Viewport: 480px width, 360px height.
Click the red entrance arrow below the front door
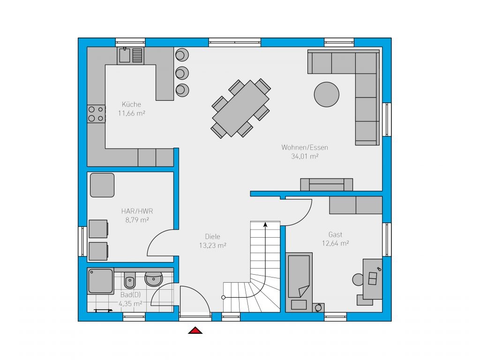pos(195,330)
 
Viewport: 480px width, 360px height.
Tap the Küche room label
pos(131,104)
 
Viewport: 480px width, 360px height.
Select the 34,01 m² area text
pos(305,156)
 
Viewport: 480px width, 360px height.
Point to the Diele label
pos(212,236)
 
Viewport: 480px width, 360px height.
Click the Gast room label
pos(335,234)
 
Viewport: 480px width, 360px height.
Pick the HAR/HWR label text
pos(137,211)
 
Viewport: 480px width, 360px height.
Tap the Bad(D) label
pos(130,295)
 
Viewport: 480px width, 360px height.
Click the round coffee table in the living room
pos(327,95)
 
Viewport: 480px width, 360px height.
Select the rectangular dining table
pos(240,108)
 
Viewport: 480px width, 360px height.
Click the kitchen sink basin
pos(125,55)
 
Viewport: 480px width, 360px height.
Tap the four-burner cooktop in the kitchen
pos(96,114)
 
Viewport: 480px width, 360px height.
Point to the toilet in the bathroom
pos(130,279)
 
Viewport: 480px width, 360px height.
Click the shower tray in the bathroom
pos(100,281)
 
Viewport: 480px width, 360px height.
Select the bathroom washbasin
pos(153,278)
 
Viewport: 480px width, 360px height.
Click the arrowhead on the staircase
pos(265,225)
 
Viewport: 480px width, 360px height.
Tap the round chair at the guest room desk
pos(358,279)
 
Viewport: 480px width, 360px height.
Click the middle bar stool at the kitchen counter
pos(182,73)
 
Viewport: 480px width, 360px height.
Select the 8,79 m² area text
pos(137,220)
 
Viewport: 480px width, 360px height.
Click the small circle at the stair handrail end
pos(224,297)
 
